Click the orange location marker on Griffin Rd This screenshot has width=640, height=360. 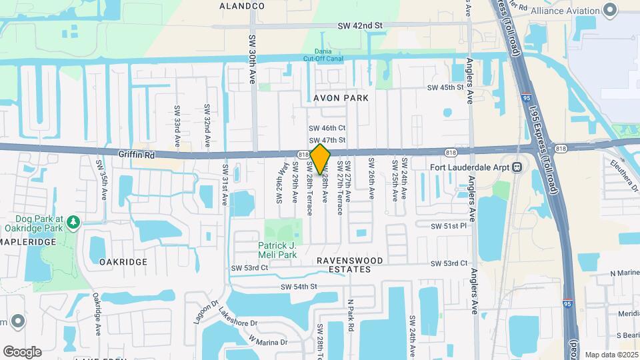pyautogui.click(x=320, y=159)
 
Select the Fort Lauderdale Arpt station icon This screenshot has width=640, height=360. pyautogui.click(x=517, y=167)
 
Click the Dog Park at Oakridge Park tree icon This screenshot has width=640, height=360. pyautogui.click(x=74, y=221)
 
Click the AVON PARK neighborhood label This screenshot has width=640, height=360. pyautogui.click(x=341, y=98)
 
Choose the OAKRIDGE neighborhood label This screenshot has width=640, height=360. pyautogui.click(x=123, y=262)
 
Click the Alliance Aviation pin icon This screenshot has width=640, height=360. pyautogui.click(x=609, y=10)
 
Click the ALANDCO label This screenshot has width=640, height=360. pyautogui.click(x=242, y=6)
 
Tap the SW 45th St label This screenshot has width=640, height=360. pyautogui.click(x=445, y=87)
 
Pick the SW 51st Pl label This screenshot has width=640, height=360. pyautogui.click(x=449, y=226)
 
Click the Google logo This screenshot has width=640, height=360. pyautogui.click(x=22, y=351)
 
